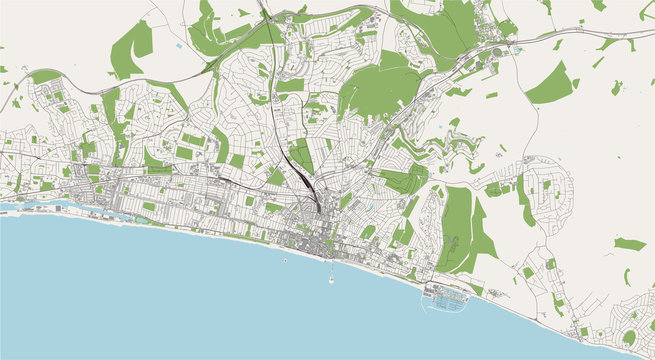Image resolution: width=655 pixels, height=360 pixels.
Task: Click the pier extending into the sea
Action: [x=330, y=267]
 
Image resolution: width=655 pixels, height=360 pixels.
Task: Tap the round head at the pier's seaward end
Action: [x=330, y=279]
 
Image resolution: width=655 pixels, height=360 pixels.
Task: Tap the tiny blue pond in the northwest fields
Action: [x=178, y=47]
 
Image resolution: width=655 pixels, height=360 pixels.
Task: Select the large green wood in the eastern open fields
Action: [x=550, y=85]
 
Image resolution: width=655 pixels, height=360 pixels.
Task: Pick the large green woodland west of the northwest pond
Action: [x=132, y=47]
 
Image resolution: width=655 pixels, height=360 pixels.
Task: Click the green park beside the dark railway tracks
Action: [x=301, y=155]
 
